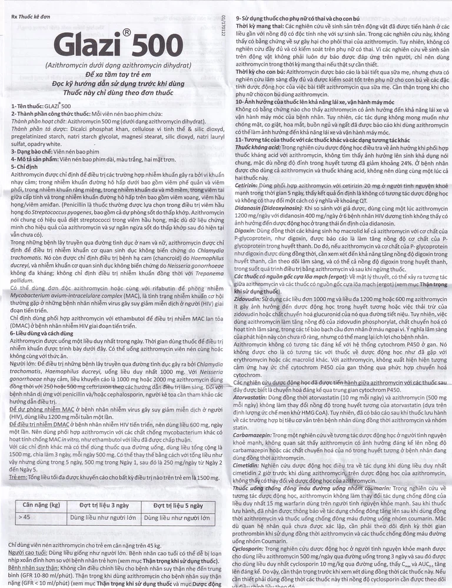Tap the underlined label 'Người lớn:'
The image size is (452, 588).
pyautogui.click(x=24, y=364)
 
